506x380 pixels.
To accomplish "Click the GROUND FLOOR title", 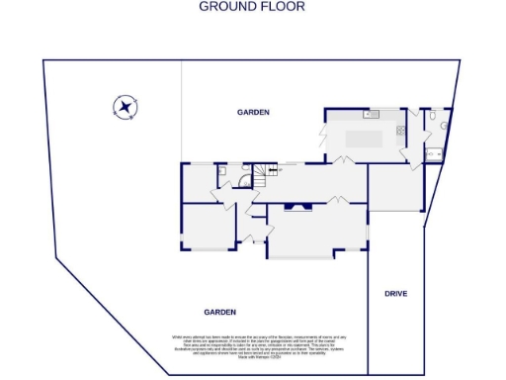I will click(x=252, y=6).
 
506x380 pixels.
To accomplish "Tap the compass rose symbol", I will click(x=126, y=107).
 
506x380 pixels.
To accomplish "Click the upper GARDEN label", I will click(x=253, y=113).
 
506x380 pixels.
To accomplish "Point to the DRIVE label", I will click(x=395, y=294).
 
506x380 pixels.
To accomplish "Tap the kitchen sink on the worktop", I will click(x=374, y=113).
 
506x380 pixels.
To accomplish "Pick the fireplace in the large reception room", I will click(x=297, y=207).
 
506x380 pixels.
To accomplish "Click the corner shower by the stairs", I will click(x=242, y=170).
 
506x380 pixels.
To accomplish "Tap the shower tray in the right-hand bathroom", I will click(x=434, y=153).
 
